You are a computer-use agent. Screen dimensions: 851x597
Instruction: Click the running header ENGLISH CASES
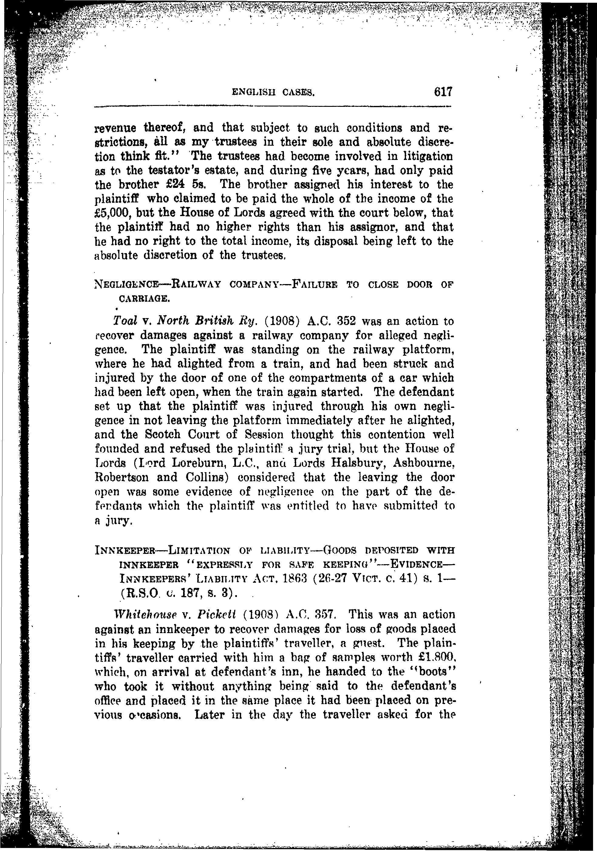pos(273,92)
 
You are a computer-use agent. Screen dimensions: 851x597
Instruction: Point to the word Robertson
pos(122,477)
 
